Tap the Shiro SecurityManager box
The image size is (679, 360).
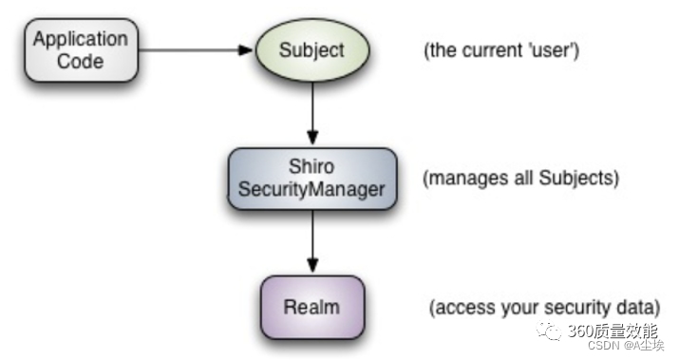click(311, 178)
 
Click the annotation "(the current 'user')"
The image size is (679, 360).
click(500, 49)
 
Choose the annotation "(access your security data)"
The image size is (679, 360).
click(544, 308)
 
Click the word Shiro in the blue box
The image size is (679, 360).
click(311, 167)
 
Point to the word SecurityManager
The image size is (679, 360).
click(311, 189)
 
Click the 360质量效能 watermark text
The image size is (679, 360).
click(611, 332)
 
